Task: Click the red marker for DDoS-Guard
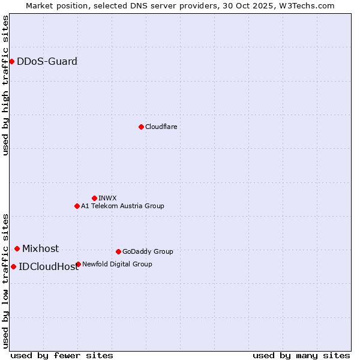(x=11, y=61)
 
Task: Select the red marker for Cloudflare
(x=141, y=127)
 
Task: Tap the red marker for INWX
(x=94, y=198)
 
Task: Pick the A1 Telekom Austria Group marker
(x=77, y=206)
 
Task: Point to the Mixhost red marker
(x=17, y=248)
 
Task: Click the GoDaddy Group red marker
(x=118, y=251)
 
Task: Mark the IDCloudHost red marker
(x=13, y=266)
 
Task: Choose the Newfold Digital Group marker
(x=78, y=264)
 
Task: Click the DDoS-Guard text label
(x=47, y=61)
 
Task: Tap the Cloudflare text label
(x=161, y=127)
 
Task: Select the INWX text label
(x=107, y=198)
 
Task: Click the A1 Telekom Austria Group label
(x=122, y=206)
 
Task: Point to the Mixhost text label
(x=40, y=248)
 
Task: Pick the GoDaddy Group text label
(x=148, y=251)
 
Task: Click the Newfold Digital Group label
(x=117, y=264)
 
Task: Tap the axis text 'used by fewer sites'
(x=62, y=355)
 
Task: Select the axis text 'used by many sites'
(x=301, y=355)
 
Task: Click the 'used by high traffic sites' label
(x=5, y=85)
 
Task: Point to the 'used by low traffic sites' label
(x=5, y=281)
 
